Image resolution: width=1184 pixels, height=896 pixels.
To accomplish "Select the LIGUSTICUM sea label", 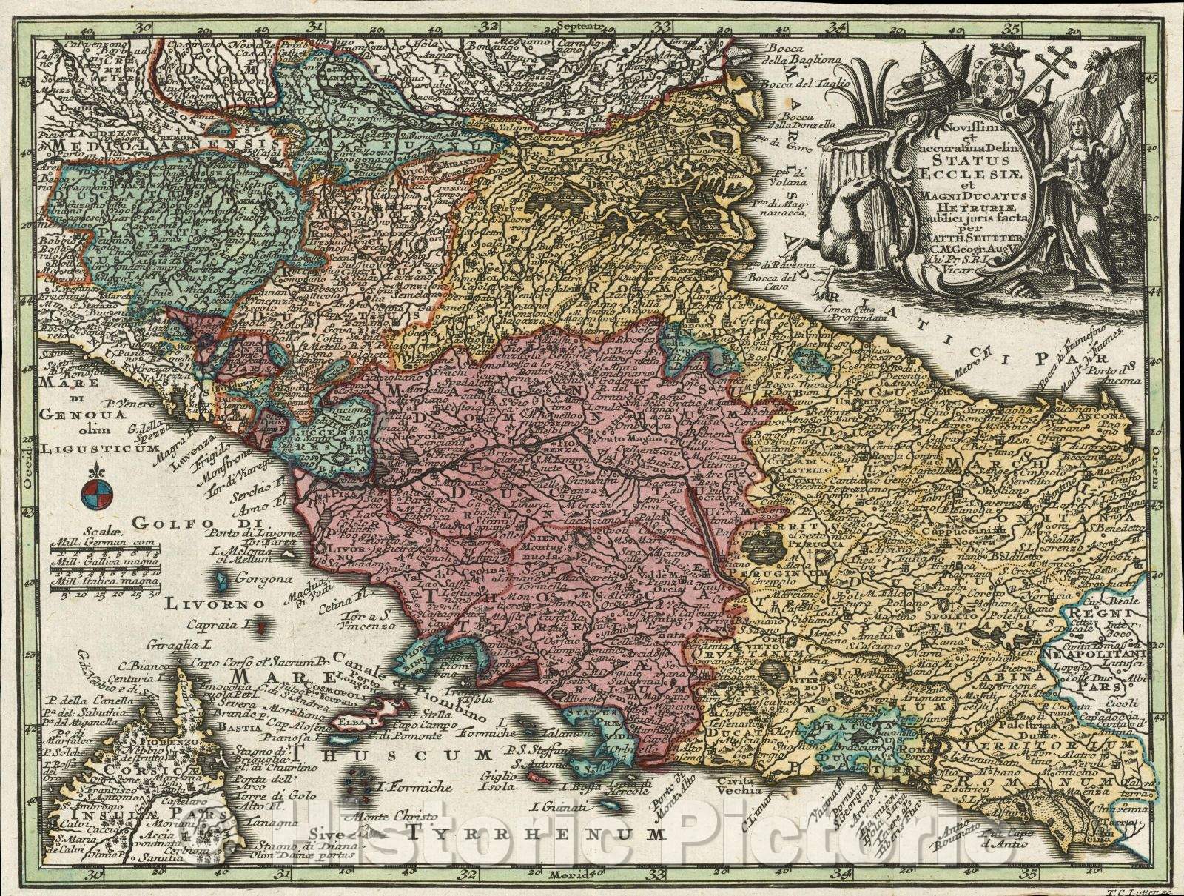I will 89,448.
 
